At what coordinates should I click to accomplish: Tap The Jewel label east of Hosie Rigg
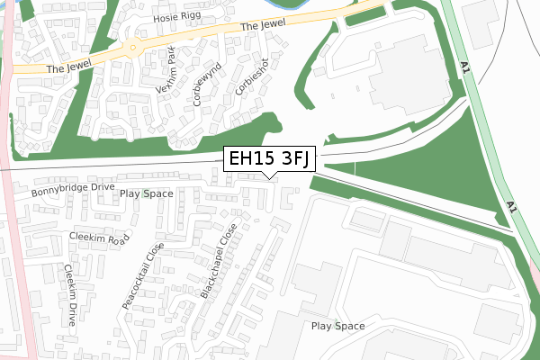click(262, 29)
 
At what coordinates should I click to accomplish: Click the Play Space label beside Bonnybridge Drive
click(146, 193)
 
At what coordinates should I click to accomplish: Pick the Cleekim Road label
click(100, 238)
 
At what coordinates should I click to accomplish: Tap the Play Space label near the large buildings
click(337, 325)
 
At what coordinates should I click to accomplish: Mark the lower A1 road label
click(512, 207)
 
